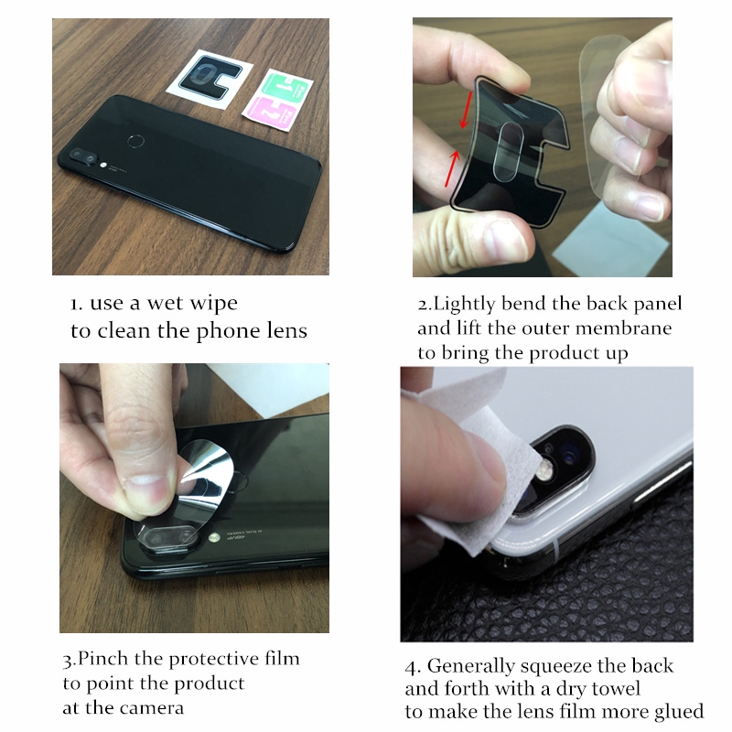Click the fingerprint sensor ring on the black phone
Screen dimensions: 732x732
(x=136, y=141)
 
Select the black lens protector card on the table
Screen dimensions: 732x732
(x=210, y=78)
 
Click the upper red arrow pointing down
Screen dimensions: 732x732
(x=467, y=110)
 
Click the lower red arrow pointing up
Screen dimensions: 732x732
(x=452, y=168)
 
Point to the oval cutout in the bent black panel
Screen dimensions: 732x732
(x=509, y=151)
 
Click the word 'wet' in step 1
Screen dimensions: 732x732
(x=164, y=304)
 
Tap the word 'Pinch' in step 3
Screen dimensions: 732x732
(x=103, y=659)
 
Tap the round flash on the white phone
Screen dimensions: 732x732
(x=544, y=470)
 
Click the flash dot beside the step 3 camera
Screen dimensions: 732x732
(x=214, y=538)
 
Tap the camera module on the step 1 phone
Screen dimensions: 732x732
(x=83, y=156)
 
